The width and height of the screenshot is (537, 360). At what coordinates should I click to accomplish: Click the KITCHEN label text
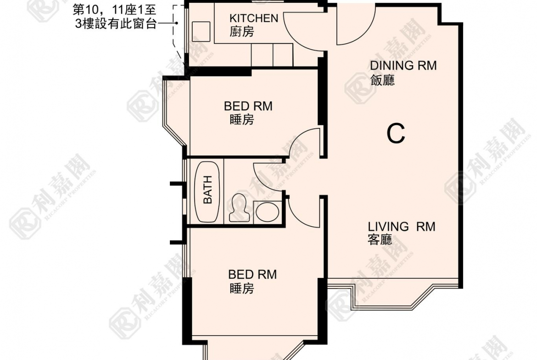pos(253,18)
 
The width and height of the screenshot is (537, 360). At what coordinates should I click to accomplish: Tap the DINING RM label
pos(403,66)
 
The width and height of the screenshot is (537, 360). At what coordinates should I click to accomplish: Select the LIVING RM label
pos(401,227)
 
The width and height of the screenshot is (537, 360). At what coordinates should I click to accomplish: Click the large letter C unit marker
pos(396,134)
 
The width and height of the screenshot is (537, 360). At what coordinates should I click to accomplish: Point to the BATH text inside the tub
pos(208,190)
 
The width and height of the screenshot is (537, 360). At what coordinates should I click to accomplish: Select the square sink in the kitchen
pos(201,30)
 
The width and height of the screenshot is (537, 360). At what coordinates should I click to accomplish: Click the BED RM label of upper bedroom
pos(248,106)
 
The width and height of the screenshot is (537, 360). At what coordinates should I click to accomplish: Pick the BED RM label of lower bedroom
pos(252,275)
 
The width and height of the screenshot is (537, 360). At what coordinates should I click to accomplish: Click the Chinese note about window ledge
pos(117,17)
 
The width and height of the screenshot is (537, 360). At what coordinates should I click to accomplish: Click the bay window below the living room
pos(392,296)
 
